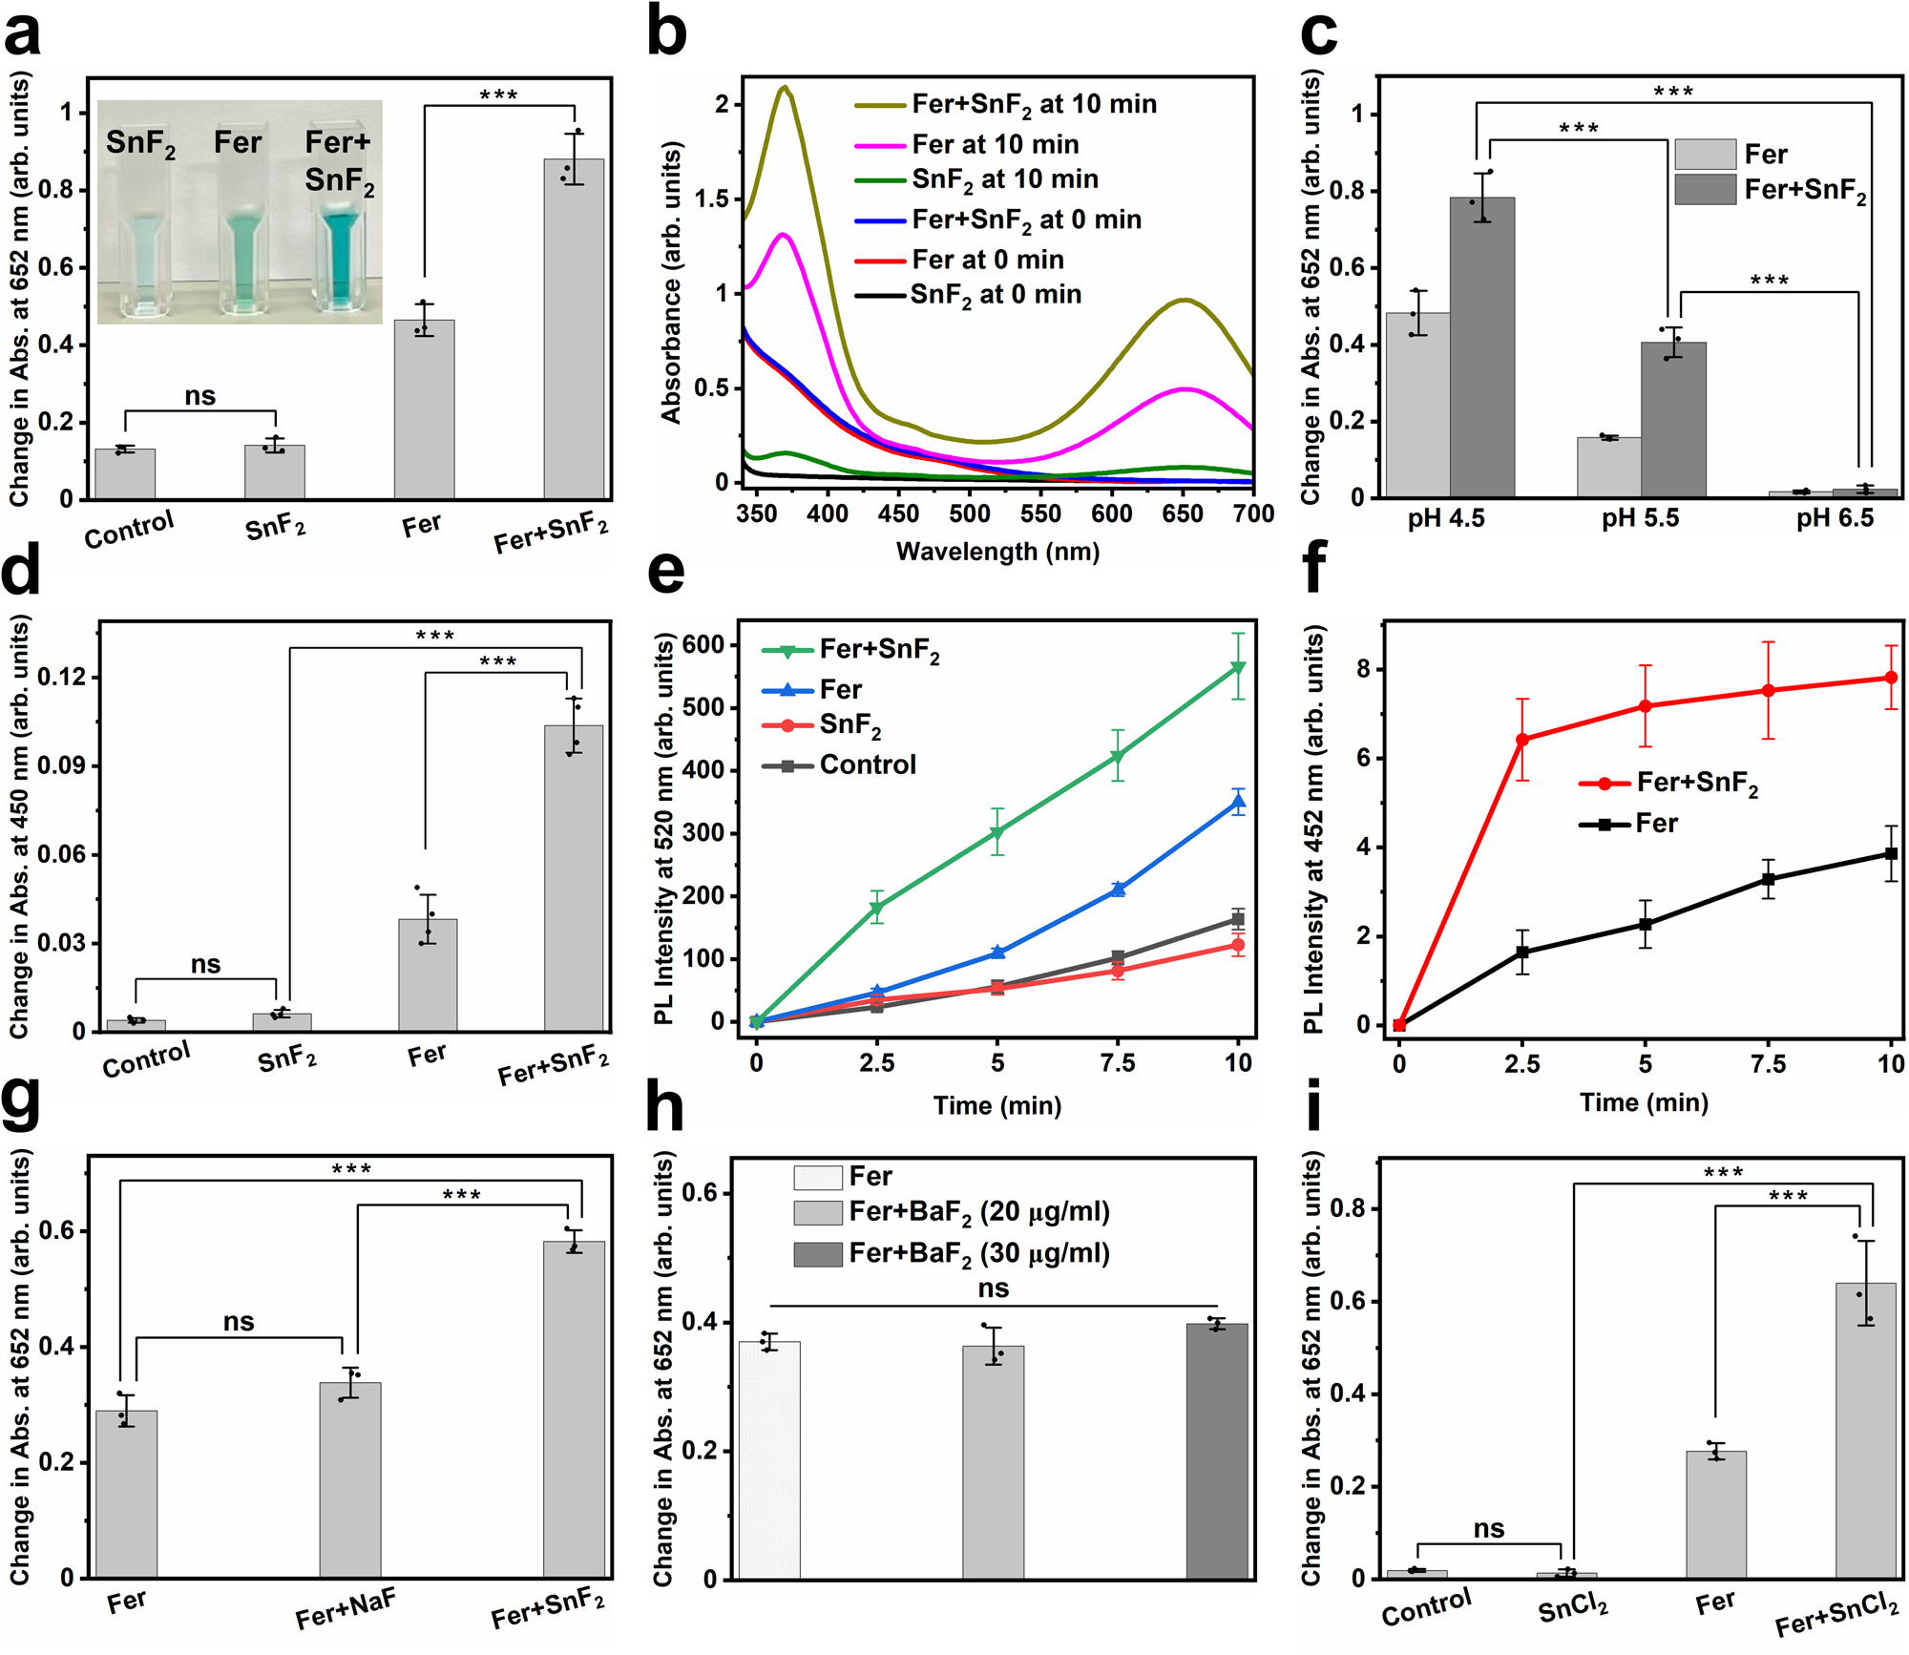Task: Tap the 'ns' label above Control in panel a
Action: (199, 395)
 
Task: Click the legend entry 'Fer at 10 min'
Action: (995, 144)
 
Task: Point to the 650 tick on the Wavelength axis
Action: (1183, 513)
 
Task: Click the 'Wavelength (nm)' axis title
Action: (997, 552)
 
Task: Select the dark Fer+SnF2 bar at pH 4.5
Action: (1481, 347)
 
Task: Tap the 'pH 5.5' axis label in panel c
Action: (1640, 518)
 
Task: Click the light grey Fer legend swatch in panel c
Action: (1705, 154)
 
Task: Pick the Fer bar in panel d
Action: (428, 974)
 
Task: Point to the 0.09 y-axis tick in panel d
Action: (61, 765)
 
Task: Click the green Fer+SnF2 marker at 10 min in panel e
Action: (1238, 667)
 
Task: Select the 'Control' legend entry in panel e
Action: (867, 765)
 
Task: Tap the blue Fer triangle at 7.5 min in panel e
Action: (1118, 889)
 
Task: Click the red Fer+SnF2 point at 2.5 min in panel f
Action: (1521, 740)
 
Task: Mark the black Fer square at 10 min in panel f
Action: (1891, 853)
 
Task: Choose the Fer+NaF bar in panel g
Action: (350, 1479)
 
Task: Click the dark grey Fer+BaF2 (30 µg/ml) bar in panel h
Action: (1216, 1450)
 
